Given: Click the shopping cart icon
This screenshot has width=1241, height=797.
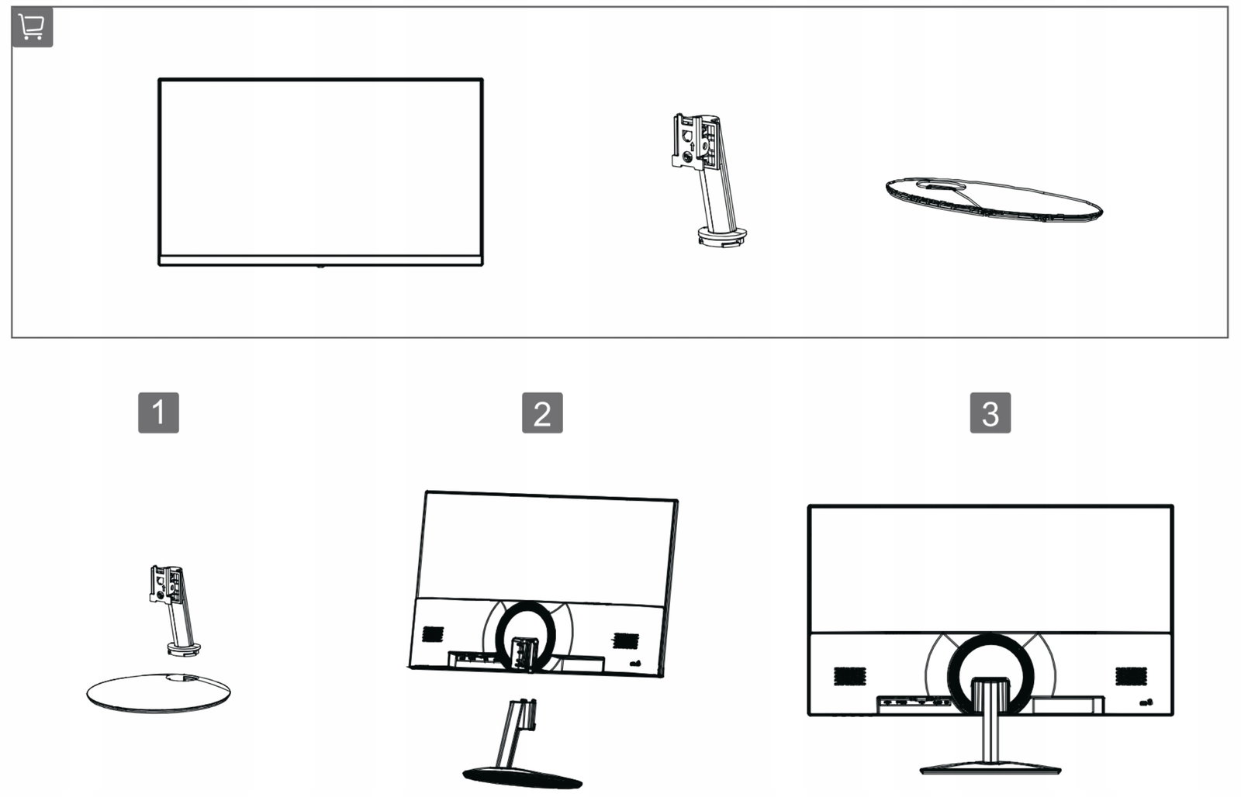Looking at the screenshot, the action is tap(32, 27).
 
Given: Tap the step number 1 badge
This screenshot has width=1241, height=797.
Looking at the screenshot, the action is tap(158, 412).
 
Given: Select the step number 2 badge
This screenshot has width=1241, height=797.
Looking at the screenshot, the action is tap(542, 412).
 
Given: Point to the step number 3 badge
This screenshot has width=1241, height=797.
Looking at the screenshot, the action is tap(990, 412).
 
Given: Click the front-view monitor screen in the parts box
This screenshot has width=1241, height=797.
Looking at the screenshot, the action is tap(321, 172).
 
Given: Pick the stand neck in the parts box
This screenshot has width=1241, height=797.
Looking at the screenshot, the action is tap(708, 179).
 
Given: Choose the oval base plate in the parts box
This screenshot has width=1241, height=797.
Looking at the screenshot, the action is tap(994, 199).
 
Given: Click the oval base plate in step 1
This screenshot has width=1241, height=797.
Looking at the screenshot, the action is tap(158, 692).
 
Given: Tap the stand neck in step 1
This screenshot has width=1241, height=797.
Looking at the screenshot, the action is tap(174, 610).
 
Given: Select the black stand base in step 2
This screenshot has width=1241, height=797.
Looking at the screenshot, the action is tap(522, 777).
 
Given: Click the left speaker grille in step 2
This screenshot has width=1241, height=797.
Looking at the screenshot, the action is tap(433, 634).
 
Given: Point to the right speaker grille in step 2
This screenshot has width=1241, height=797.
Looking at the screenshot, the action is tap(625, 641).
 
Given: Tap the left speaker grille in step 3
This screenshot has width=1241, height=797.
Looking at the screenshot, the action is tap(849, 676).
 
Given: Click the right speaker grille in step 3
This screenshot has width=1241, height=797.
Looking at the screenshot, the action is tap(1132, 676).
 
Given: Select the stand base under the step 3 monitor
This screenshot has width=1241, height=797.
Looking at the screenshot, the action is tap(990, 769).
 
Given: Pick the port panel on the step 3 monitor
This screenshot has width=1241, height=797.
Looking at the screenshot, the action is tap(913, 704).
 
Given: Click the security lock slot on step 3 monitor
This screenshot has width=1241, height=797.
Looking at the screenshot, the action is tap(1146, 702).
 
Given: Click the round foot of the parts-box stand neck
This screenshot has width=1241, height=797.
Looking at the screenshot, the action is tap(722, 236).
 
